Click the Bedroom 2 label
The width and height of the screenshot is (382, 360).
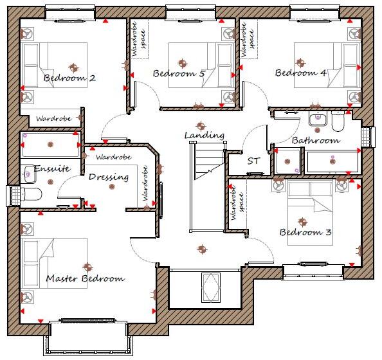[x=69, y=78]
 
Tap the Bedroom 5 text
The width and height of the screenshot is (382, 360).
[x=179, y=74]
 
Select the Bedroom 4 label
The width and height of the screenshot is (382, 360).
[x=301, y=73]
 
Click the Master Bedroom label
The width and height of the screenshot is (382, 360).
[x=85, y=279]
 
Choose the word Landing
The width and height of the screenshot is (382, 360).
[x=204, y=136]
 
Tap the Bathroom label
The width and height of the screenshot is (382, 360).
[x=315, y=140]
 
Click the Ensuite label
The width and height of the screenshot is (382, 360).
[x=52, y=169]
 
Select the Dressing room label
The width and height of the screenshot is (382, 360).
[x=109, y=177]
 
